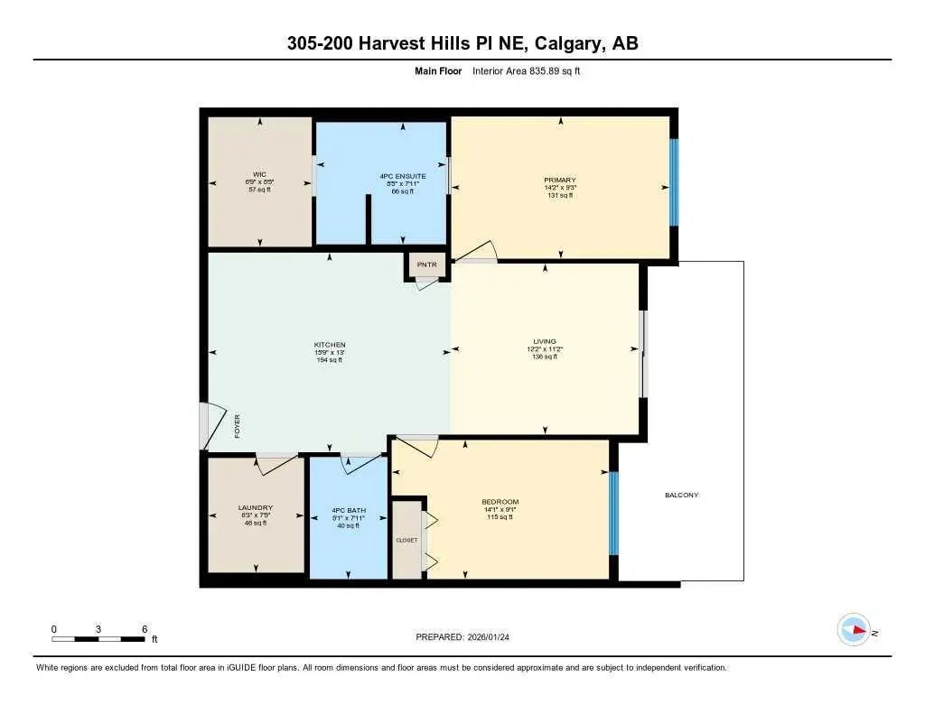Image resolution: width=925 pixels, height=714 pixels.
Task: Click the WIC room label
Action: (x=260, y=175)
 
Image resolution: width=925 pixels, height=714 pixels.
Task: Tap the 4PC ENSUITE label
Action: (x=397, y=175)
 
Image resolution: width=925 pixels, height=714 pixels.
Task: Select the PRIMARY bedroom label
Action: (x=560, y=181)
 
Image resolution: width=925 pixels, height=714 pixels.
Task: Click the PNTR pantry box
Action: (x=426, y=265)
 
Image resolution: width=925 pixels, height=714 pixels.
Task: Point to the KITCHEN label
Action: (x=330, y=345)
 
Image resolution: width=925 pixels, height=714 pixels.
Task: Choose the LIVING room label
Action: (x=545, y=341)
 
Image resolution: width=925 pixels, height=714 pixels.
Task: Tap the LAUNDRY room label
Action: (x=256, y=508)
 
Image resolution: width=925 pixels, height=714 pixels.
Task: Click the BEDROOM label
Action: (x=500, y=502)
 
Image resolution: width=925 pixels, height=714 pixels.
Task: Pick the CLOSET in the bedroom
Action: (x=406, y=540)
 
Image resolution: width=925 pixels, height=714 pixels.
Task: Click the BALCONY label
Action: (x=681, y=495)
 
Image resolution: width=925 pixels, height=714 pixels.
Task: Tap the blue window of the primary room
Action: (x=673, y=182)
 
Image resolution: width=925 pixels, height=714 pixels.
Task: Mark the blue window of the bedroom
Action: (x=613, y=513)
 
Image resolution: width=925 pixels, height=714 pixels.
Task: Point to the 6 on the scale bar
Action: (x=145, y=628)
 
